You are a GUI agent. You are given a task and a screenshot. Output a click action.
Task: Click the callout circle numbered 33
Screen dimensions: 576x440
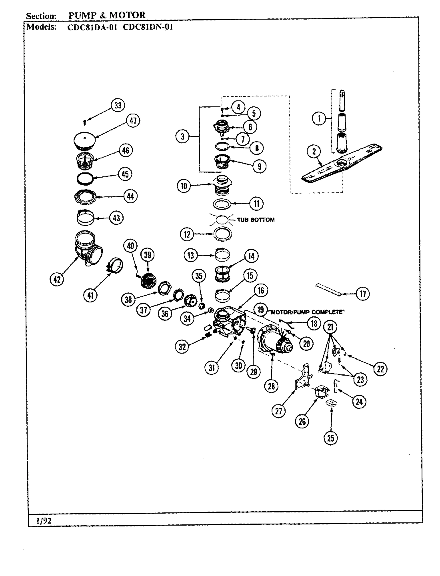click(x=117, y=106)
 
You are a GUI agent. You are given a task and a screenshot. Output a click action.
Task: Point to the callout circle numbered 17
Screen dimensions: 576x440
click(x=362, y=294)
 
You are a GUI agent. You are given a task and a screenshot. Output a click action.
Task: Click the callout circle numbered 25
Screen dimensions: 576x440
click(x=330, y=438)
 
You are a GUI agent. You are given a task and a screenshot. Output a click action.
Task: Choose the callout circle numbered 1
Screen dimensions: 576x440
click(x=319, y=119)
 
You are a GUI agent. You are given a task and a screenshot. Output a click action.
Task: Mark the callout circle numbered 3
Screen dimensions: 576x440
click(x=183, y=136)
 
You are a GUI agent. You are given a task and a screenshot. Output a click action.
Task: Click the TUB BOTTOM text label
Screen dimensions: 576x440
click(x=256, y=220)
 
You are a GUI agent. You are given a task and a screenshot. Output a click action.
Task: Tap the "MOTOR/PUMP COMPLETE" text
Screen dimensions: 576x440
click(x=307, y=312)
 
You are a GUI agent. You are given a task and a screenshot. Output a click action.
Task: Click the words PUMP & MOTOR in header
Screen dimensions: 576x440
click(x=107, y=16)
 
